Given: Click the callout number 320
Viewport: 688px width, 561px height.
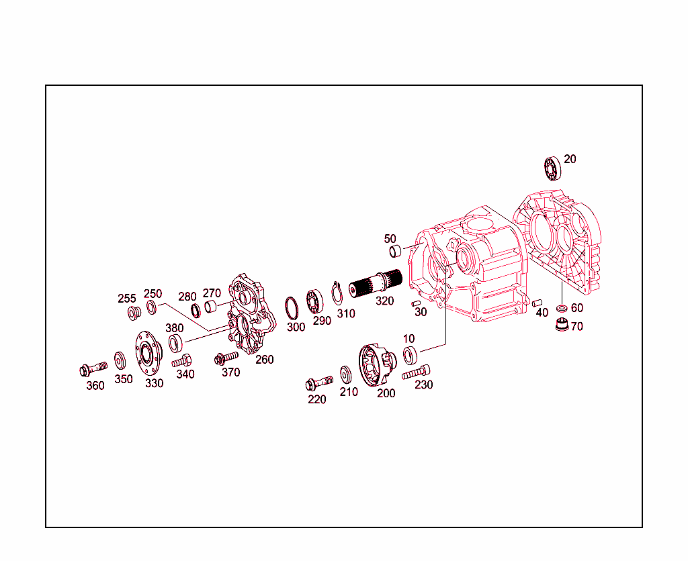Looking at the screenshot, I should [384, 301].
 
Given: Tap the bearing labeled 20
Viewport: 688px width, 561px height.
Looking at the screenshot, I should [553, 168].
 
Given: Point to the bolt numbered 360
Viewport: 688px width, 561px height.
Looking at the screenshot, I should [91, 368].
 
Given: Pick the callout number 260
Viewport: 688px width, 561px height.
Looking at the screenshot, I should [265, 359].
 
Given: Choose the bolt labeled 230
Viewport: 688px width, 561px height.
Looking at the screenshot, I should [417, 371].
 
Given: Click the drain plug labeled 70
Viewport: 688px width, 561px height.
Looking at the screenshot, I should [560, 327].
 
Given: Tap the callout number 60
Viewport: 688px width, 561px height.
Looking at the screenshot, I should [577, 308].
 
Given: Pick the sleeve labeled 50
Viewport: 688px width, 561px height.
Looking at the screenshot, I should [396, 252].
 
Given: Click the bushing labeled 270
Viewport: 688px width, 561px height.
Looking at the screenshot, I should [210, 307].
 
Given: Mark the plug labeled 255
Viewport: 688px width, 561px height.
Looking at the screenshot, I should [132, 312].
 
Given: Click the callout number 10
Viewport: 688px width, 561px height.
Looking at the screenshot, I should [409, 339].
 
